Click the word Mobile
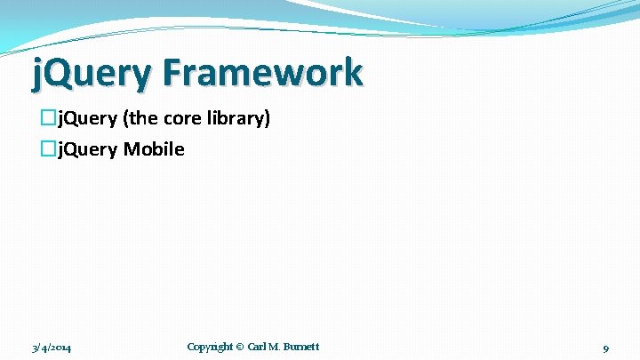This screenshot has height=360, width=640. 154,148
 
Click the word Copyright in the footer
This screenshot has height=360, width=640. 210,346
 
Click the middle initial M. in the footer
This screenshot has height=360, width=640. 276,346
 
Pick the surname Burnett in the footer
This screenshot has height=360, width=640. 302,346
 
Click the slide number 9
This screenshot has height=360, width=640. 605,348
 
